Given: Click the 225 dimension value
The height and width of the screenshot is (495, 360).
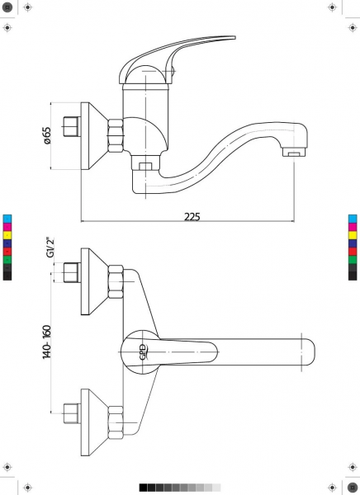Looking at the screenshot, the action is tap(192, 216).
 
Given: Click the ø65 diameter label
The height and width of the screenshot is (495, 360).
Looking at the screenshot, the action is tap(47, 135).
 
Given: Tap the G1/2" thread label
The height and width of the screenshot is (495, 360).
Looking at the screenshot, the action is tap(50, 247).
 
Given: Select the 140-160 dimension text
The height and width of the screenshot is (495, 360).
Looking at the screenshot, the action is tap(47, 342).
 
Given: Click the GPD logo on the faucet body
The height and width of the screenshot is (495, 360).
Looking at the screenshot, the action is tap(143, 352).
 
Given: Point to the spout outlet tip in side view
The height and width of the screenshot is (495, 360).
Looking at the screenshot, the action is tap(295, 153).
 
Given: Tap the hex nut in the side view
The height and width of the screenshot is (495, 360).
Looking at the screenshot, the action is tap(116, 136).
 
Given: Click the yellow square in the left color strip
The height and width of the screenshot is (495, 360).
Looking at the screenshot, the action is tap(7, 235).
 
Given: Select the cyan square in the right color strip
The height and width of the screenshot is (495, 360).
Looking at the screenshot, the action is tap(353, 219).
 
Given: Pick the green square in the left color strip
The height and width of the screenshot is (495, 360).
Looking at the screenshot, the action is tap(7, 260).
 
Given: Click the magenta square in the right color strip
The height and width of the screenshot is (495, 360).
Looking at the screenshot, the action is tap(353, 227).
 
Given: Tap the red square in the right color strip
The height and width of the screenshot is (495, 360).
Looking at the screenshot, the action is tap(353, 252).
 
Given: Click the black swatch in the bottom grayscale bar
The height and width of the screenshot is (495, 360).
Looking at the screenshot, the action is tap(143, 488).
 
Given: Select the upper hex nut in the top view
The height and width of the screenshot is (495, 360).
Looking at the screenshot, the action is tap(116, 282).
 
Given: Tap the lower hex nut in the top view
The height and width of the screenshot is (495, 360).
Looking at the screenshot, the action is tap(116, 422).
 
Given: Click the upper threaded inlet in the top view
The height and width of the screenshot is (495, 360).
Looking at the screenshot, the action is tap(72, 272).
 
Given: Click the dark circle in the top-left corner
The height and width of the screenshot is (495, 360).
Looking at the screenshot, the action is tap(7, 7).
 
